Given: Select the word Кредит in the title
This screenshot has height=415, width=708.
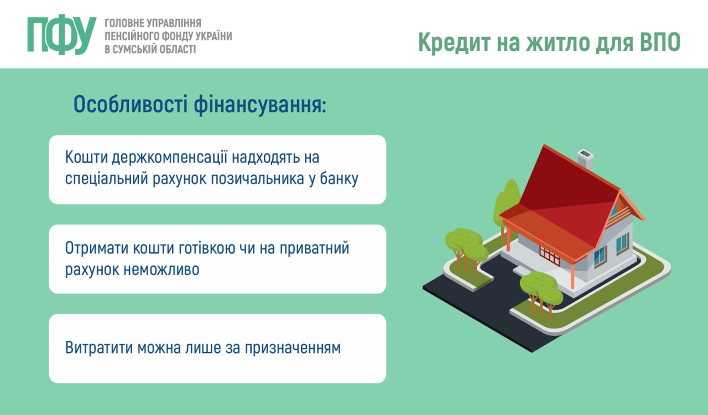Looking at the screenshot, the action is pyautogui.click(x=455, y=43).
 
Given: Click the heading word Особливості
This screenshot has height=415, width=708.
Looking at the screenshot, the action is pyautogui.click(x=131, y=105).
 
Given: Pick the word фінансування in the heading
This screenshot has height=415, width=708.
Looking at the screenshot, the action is pyautogui.click(x=260, y=105).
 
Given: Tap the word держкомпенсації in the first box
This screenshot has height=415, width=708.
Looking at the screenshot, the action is pyautogui.click(x=169, y=158).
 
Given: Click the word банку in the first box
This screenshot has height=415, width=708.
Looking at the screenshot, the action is pyautogui.click(x=339, y=179).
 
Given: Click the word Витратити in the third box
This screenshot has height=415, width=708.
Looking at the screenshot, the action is pyautogui.click(x=99, y=347).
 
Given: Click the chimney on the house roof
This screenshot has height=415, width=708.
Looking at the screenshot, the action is pyautogui.click(x=585, y=160).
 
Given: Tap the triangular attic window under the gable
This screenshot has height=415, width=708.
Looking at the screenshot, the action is pyautogui.click(x=614, y=209).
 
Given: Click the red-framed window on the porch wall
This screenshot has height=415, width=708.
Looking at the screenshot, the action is pyautogui.click(x=549, y=256).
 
